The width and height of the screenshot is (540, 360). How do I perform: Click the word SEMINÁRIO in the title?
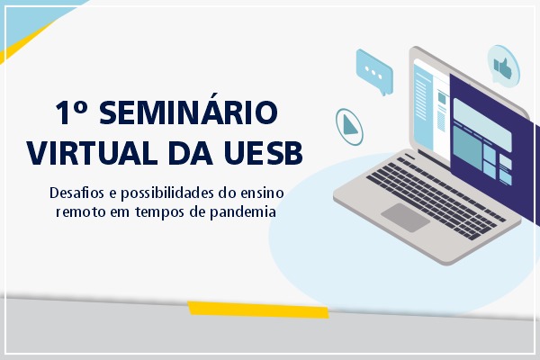(x=188, y=112)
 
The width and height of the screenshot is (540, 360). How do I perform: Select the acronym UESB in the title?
(x=264, y=153)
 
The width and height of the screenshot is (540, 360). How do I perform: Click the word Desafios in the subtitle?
(x=76, y=193)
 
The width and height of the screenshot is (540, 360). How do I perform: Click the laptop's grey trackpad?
(x=405, y=218)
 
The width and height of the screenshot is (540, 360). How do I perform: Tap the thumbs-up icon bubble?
(x=503, y=66)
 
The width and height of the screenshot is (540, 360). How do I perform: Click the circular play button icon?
(x=349, y=127)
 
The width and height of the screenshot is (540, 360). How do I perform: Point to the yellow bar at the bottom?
(x=258, y=310)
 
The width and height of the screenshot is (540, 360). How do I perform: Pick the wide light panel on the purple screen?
(x=482, y=125)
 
